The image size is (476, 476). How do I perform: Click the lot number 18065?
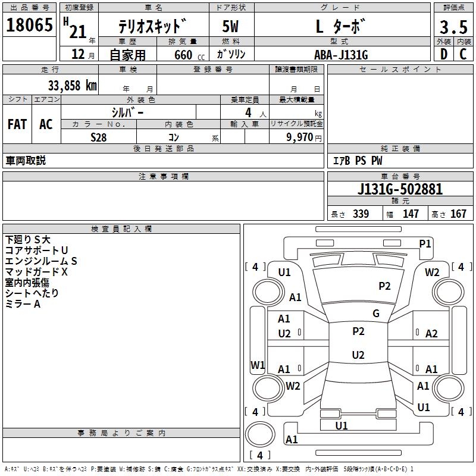(x=29, y=25)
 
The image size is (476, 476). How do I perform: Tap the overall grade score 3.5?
(x=453, y=27)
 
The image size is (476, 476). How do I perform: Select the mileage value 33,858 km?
(x=73, y=86)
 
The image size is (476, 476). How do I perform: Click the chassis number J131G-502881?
(x=400, y=189)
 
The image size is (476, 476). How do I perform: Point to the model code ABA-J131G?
(x=341, y=55)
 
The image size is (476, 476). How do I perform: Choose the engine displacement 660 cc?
(x=189, y=55)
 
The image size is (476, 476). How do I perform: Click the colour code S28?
(x=99, y=137)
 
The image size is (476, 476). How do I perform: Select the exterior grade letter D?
(x=444, y=54)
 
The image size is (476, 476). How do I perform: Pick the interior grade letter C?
(x=464, y=54)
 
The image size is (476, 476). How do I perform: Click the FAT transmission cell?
(x=17, y=124)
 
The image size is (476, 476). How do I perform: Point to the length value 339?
(x=361, y=214)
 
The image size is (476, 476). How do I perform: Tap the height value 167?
(x=458, y=214)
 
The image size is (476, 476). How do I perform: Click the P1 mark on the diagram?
(x=425, y=244)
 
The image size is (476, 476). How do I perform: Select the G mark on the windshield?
(x=376, y=313)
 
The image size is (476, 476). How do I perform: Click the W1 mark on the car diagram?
(x=258, y=365)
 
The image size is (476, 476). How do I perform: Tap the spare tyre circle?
(x=260, y=434)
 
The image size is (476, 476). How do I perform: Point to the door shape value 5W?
(x=230, y=26)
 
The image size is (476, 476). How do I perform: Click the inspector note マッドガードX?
(x=36, y=272)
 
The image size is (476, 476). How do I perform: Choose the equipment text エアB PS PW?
(x=358, y=161)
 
